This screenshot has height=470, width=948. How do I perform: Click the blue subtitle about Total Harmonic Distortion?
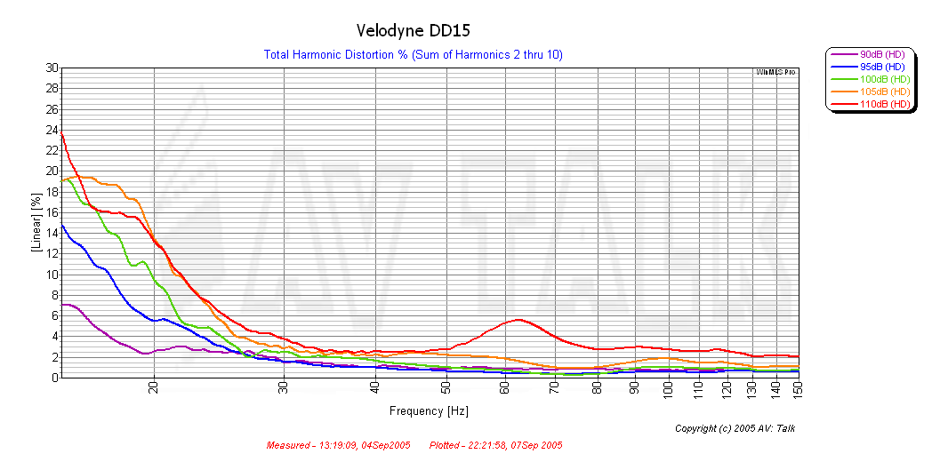(x=413, y=55)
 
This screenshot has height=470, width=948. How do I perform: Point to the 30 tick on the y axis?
(x=52, y=68)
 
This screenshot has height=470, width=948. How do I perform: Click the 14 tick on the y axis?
(x=52, y=233)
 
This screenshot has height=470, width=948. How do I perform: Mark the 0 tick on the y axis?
(x=54, y=378)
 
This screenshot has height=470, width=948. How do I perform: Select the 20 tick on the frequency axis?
(x=154, y=388)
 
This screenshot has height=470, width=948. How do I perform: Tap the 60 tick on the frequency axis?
(x=503, y=388)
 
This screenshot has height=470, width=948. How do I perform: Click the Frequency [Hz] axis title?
(x=429, y=411)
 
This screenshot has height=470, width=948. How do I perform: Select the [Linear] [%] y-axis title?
(x=36, y=223)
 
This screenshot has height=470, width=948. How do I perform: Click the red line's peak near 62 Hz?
(x=519, y=320)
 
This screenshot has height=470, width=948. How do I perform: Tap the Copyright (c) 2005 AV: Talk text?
(x=735, y=428)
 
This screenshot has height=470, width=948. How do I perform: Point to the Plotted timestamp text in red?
(x=495, y=445)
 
